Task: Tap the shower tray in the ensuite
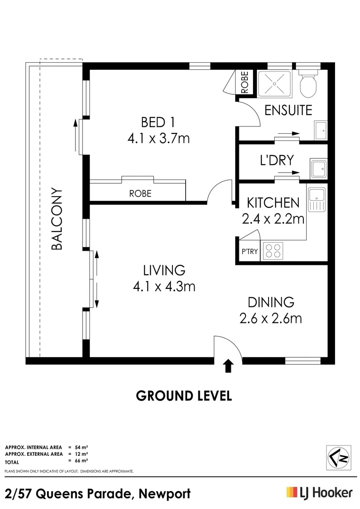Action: pyautogui.click(x=275, y=84)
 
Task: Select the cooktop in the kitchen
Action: pyautogui.click(x=273, y=251)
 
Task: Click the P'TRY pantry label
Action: pyautogui.click(x=250, y=251)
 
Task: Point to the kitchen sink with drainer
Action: pyautogui.click(x=317, y=200)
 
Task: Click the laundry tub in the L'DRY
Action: pyautogui.click(x=319, y=168)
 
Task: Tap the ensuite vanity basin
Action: pyautogui.click(x=320, y=130)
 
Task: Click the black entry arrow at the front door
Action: pyautogui.click(x=229, y=366)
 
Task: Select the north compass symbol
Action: pyautogui.click(x=338, y=458)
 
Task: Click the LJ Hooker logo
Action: pyautogui.click(x=319, y=493)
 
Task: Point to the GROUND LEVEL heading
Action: pyautogui.click(x=184, y=396)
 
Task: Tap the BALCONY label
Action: pyautogui.click(x=57, y=219)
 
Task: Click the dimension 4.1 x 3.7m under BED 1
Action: pyautogui.click(x=158, y=139)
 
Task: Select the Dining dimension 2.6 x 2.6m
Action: pyautogui.click(x=271, y=318)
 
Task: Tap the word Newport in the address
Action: pyautogui.click(x=164, y=494)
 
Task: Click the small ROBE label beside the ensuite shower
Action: pyautogui.click(x=245, y=82)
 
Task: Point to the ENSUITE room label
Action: pyautogui.click(x=288, y=110)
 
